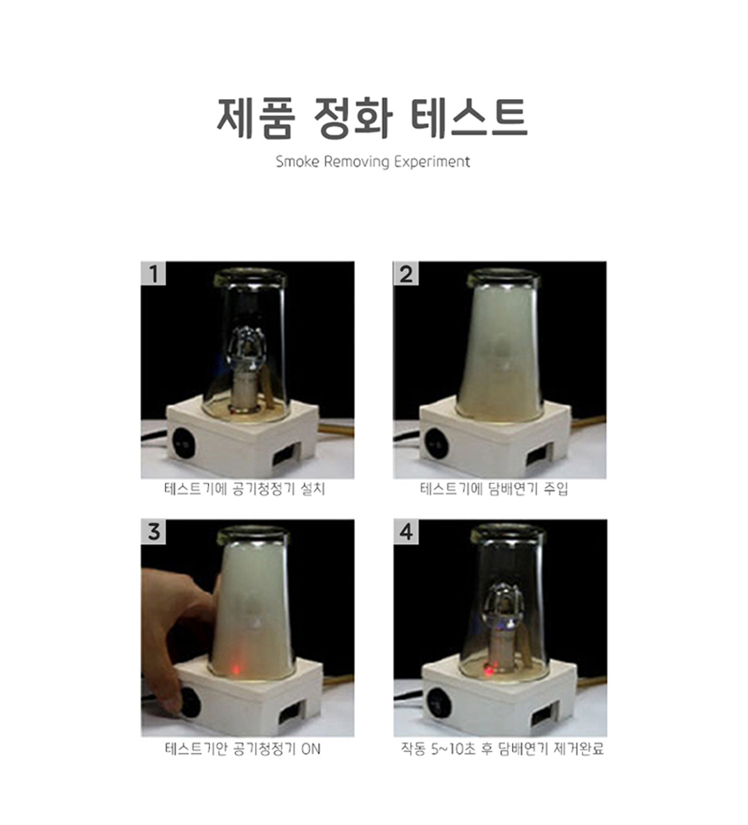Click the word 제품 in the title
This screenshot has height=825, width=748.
256,118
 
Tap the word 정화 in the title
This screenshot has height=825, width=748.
352,118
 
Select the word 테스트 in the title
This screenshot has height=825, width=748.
469,117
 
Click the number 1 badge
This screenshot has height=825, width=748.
153,274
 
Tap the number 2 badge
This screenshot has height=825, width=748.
406,274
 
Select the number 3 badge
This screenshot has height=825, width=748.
153,532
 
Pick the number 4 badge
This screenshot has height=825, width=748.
406,532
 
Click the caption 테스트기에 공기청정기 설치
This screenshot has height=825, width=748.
245,489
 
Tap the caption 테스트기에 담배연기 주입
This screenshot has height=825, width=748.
494,489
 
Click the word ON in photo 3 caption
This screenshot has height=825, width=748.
311,748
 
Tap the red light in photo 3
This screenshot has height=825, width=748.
236,670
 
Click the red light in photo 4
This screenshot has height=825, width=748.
489,671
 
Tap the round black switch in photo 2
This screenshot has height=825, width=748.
436,442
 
